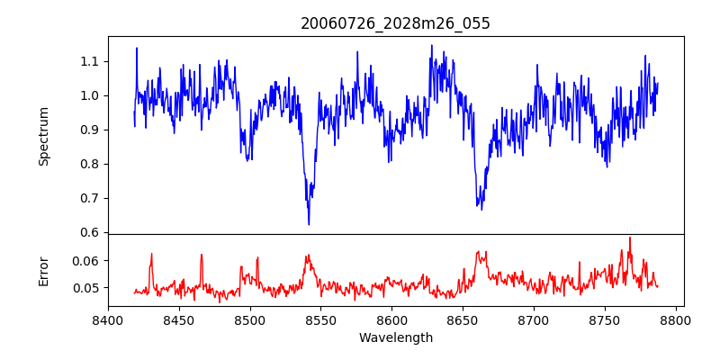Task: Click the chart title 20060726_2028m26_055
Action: [395, 23]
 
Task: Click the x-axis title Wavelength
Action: [395, 338]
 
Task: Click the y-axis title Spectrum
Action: [44, 136]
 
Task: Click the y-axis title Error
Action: [44, 270]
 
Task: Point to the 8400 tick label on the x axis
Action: [108, 319]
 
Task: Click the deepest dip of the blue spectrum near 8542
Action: [309, 223]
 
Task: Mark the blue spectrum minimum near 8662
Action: [481, 209]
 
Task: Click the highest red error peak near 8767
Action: [630, 238]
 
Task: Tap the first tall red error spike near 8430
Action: [151, 254]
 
